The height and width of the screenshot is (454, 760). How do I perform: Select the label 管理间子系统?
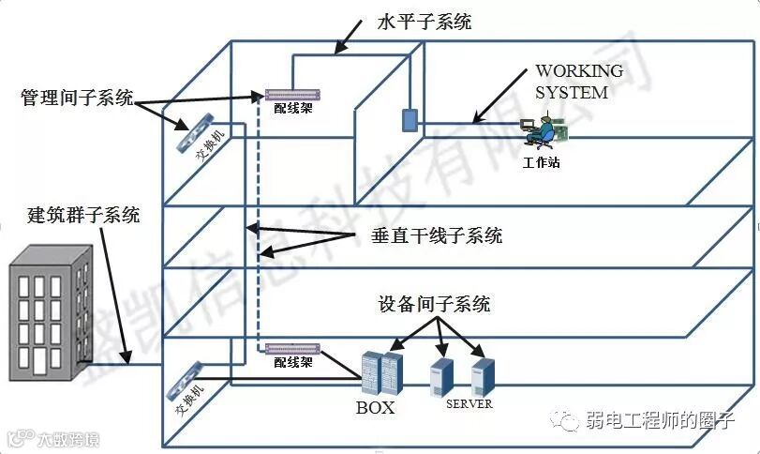pos(77,98)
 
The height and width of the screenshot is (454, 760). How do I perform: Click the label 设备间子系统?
pos(434,304)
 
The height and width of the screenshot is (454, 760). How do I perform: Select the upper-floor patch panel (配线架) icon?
pos(292,94)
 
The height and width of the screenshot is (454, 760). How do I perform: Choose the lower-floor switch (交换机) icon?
pos(185,380)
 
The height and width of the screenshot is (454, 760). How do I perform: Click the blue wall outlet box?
pos(409,119)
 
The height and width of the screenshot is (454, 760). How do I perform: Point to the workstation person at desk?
pos(541,133)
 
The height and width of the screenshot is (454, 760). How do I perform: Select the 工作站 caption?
pos(541,162)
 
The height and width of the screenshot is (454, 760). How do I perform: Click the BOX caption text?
pos(375,407)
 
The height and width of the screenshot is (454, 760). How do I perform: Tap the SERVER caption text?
pos(469,403)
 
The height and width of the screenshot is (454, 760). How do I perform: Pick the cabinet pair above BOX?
pos(381,373)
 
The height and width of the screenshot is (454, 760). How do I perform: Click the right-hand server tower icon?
pos(483,375)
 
